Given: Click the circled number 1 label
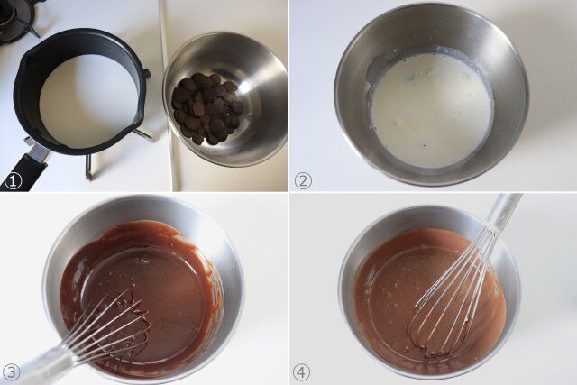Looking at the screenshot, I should pos(13,180).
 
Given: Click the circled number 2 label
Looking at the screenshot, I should pos(303,180).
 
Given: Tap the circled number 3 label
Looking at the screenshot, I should pos(13,371).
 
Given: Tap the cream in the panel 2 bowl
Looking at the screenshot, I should pos(431,108).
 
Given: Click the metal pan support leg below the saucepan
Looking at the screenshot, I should pos(88,166).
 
